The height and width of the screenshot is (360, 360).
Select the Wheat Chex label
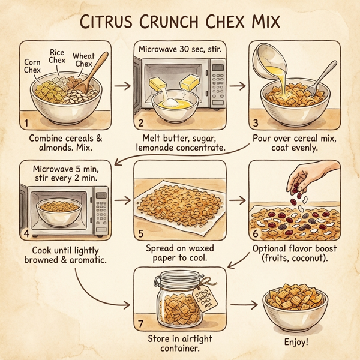pyautogui.click(x=83, y=61)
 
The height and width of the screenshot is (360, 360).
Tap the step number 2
pyautogui.click(x=139, y=124)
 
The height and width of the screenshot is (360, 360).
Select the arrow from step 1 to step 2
pyautogui.click(x=121, y=86)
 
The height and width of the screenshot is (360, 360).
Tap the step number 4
pyautogui.click(x=26, y=233)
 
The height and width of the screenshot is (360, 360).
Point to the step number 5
pyautogui.click(x=140, y=234)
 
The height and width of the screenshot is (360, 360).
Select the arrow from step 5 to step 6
pyautogui.click(x=238, y=199)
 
